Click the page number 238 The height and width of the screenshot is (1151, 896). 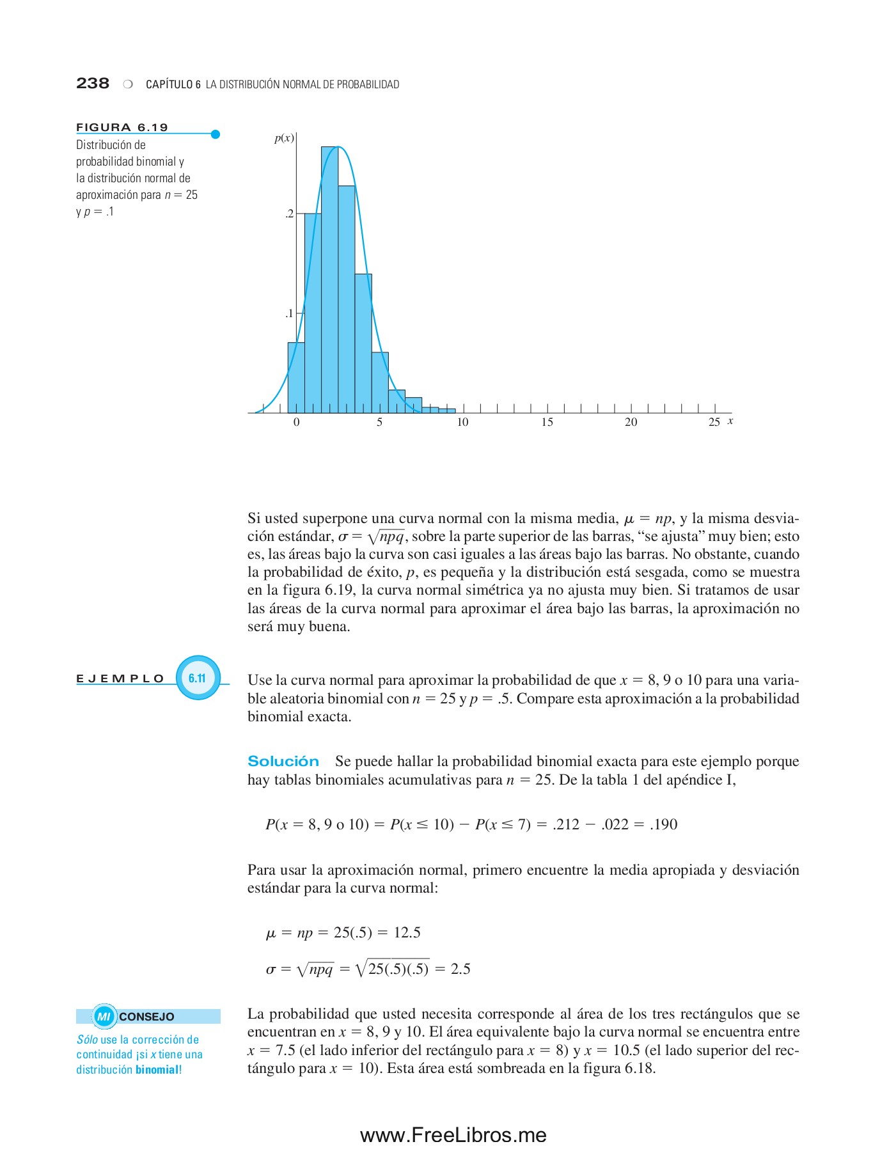[93, 83]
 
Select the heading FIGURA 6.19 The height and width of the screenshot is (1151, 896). [122, 127]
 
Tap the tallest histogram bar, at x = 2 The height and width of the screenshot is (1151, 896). [329, 281]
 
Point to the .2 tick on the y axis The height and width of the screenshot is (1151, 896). [289, 214]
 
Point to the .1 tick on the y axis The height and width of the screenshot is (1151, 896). [289, 313]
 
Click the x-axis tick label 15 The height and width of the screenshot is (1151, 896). [547, 422]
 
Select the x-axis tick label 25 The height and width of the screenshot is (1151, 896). [714, 422]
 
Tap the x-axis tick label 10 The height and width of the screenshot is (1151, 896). [462, 422]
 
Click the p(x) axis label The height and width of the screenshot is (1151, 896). [284, 138]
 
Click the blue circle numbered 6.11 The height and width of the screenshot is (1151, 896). [198, 678]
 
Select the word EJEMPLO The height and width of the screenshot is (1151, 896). [120, 678]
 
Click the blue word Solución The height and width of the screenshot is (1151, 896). [283, 761]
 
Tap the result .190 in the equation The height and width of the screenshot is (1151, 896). [663, 824]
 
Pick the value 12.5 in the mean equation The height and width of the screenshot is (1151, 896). [407, 932]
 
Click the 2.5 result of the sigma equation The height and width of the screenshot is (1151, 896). [460, 969]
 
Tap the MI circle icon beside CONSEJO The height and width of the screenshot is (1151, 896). [104, 1016]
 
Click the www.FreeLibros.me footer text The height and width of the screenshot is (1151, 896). [453, 1135]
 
